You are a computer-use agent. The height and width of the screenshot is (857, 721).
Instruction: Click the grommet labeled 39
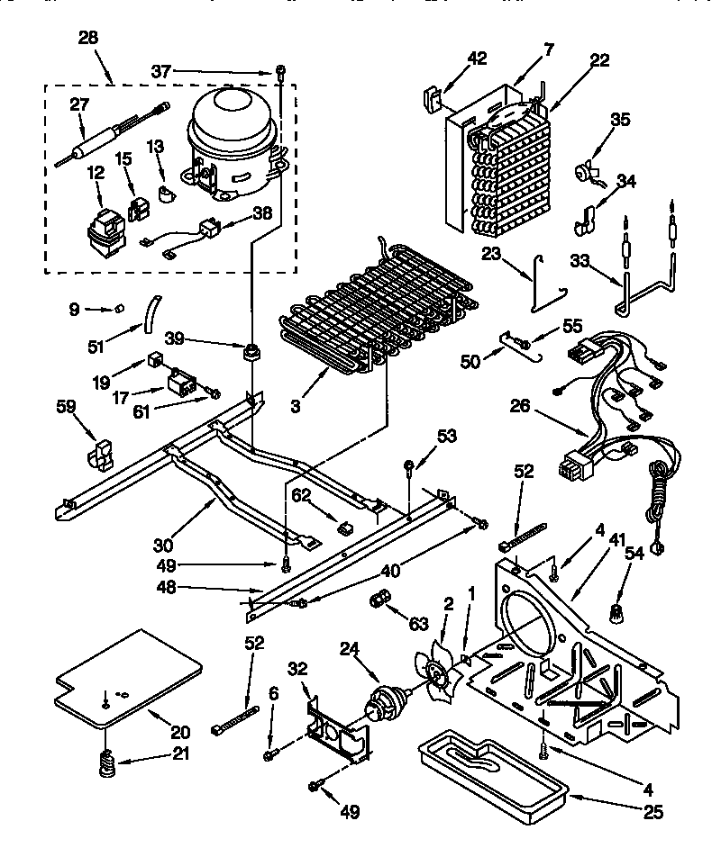pos(251,349)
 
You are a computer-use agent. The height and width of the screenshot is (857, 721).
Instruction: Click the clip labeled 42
pos(434,98)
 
